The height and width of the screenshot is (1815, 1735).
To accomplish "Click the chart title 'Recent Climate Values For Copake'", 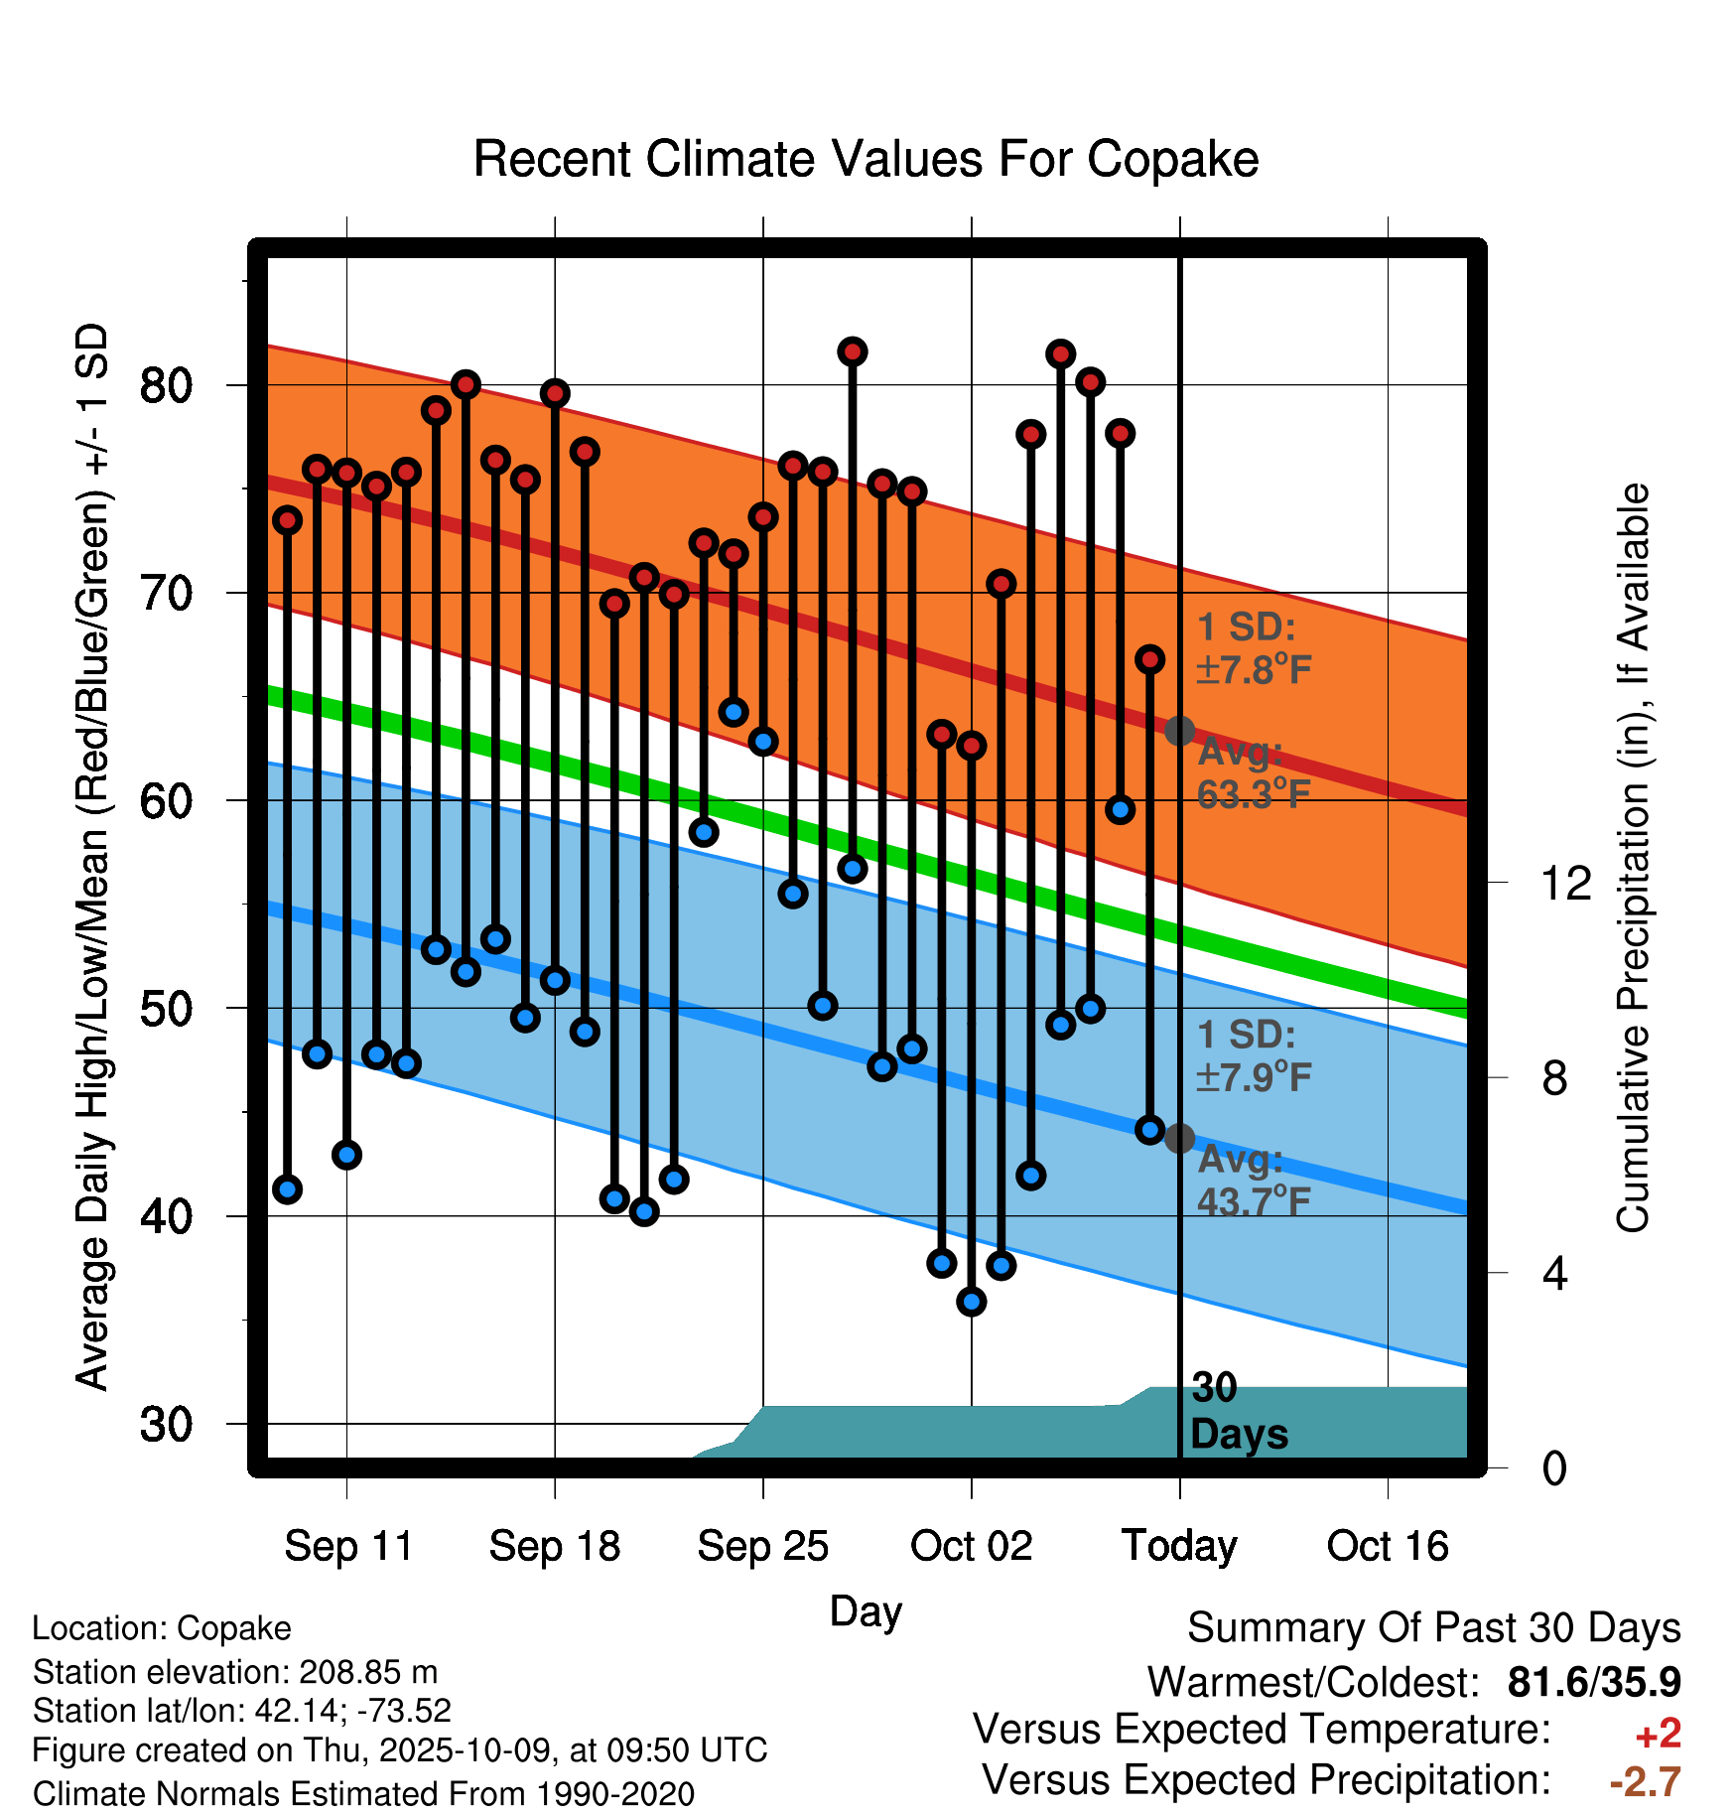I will click(866, 159).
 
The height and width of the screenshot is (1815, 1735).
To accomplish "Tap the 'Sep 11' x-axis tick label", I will click(348, 1546).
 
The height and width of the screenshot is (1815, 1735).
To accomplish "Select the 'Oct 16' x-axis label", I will click(1388, 1546).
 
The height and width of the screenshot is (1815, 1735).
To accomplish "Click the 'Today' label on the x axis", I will click(1179, 1546).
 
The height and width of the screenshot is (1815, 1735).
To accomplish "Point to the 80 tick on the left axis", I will click(166, 385).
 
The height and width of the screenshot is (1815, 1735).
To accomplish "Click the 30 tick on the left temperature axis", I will click(166, 1425).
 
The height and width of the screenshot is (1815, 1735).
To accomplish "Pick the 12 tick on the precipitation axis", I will click(1566, 883).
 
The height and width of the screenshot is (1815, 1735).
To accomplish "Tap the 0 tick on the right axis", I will click(1554, 1468).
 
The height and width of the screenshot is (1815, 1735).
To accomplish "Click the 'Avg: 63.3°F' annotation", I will click(1253, 773).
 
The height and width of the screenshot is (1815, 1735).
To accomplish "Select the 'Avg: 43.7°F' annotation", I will click(1253, 1181).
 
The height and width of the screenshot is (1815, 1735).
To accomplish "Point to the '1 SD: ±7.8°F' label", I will click(1253, 648).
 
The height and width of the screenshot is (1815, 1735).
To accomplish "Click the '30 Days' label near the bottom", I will click(1238, 1412).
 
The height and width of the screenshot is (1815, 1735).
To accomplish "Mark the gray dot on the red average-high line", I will click(1179, 731).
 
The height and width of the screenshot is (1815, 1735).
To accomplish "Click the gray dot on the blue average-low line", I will click(1179, 1138).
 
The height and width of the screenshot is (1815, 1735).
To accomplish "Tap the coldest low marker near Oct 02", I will click(972, 1301).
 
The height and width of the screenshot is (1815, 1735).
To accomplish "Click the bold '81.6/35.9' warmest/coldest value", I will click(1593, 1682).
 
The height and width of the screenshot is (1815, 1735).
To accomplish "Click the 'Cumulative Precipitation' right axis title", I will click(1633, 859).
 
